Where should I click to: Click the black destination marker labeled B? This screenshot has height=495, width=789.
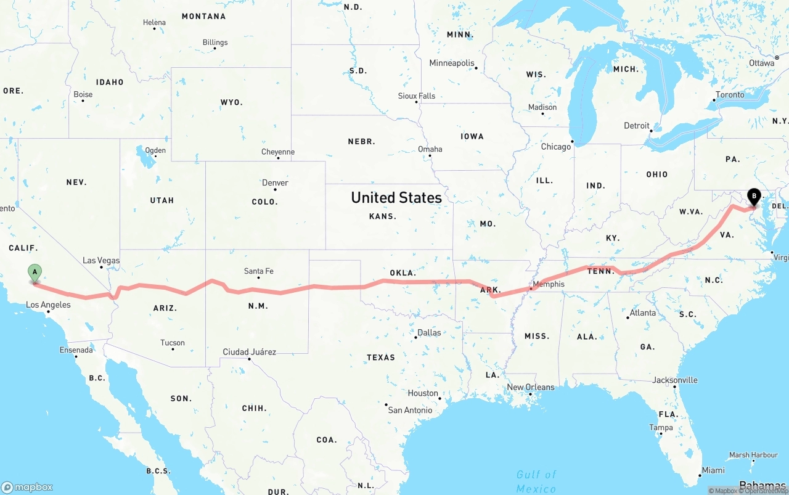click(x=753, y=197)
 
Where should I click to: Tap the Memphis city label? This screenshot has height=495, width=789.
click(x=548, y=284)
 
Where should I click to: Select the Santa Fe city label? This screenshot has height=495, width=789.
click(x=258, y=271)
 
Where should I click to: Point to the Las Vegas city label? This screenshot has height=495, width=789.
click(x=101, y=260)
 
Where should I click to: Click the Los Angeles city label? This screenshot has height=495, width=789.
click(x=48, y=305)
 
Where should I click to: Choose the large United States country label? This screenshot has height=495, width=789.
click(x=396, y=197)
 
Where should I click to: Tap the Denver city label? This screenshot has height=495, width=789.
click(x=275, y=182)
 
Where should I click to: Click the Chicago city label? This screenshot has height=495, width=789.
click(x=555, y=147)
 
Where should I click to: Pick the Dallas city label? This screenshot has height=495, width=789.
click(x=429, y=332)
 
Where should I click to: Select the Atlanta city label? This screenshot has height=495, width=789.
click(x=643, y=313)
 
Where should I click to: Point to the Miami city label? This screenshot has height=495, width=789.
click(x=714, y=470)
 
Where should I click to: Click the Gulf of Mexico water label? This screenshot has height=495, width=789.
click(x=536, y=481)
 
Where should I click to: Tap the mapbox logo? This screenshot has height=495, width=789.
click(x=27, y=486)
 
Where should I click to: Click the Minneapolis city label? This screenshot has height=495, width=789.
click(x=452, y=63)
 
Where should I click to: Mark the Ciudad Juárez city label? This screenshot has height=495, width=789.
click(x=249, y=352)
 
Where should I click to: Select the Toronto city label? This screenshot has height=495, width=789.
click(x=730, y=95)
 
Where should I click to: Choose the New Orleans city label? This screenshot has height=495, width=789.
click(x=531, y=387)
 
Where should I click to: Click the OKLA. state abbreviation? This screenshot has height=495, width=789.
click(x=403, y=272)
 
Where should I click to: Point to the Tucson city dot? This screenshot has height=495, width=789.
click(x=173, y=350)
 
